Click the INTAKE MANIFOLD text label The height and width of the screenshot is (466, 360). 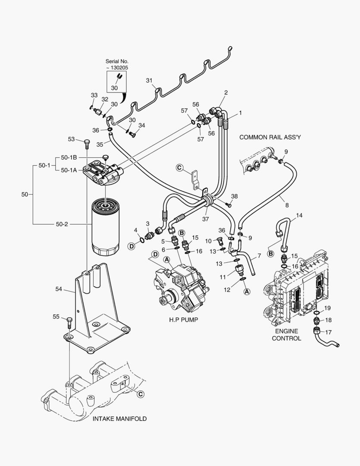[x=119, y=419]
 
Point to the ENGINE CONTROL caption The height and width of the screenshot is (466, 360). [x=286, y=335]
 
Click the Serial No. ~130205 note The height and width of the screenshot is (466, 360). [x=117, y=65]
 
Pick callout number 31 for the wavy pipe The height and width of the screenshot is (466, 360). [x=149, y=81]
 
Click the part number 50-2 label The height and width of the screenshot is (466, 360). [x=62, y=224]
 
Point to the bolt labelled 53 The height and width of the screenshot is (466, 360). [x=87, y=143]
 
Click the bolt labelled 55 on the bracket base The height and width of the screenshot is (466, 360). [x=69, y=322]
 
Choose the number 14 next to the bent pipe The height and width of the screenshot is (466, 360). [x=299, y=215]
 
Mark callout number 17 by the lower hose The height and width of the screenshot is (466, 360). [x=329, y=332]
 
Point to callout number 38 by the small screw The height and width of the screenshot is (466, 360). [x=234, y=196]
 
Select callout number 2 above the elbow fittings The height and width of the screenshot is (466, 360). [x=225, y=92]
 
